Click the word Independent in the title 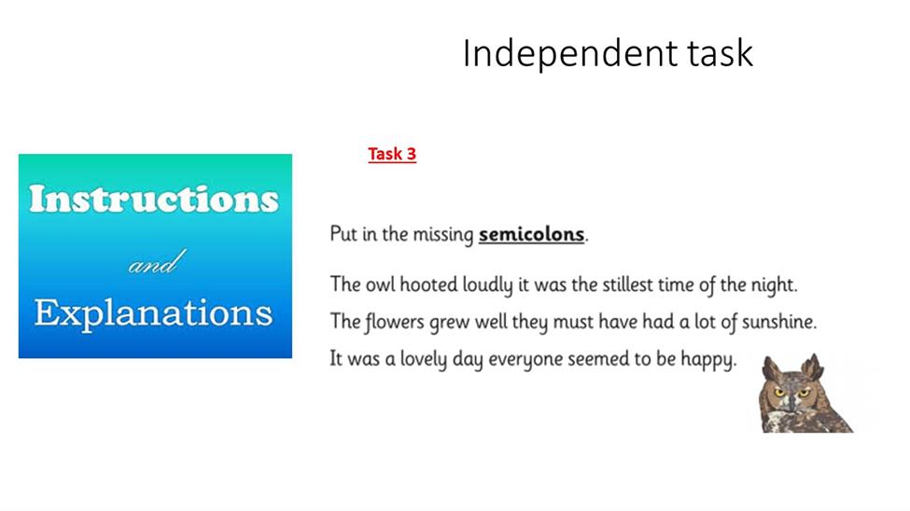(570, 53)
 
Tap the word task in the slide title (721, 53)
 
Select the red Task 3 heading (392, 154)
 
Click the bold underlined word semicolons (531, 234)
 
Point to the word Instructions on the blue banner (154, 199)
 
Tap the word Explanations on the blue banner (153, 314)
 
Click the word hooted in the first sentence (428, 284)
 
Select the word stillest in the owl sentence (627, 284)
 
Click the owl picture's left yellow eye (779, 393)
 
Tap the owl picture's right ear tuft (813, 366)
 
